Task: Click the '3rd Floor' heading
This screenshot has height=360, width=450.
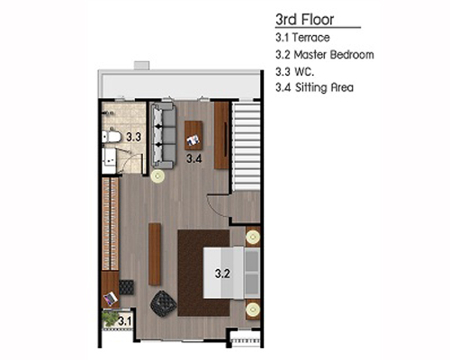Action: pyautogui.click(x=304, y=19)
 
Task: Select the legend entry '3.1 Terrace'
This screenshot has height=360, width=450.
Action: pyautogui.click(x=302, y=37)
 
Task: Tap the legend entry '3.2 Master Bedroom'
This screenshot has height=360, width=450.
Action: pyautogui.click(x=325, y=55)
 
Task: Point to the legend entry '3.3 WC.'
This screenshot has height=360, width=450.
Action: pyautogui.click(x=295, y=71)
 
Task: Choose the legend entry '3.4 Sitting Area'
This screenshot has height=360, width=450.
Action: pyautogui.click(x=314, y=88)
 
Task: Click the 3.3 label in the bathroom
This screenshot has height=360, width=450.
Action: pyautogui.click(x=133, y=137)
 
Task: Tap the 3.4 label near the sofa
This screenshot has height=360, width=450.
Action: pyautogui.click(x=194, y=158)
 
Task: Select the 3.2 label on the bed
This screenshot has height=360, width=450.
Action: pyautogui.click(x=223, y=274)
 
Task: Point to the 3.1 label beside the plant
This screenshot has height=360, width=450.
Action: pyautogui.click(x=125, y=321)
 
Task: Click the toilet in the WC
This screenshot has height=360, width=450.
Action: pyautogui.click(x=111, y=136)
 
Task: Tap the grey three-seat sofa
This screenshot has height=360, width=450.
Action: pyautogui.click(x=163, y=136)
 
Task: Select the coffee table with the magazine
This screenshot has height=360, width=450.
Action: pyautogui.click(x=193, y=135)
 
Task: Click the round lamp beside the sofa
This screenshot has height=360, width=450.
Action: pyautogui.click(x=157, y=176)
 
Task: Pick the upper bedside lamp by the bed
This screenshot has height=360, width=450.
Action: pyautogui.click(x=253, y=237)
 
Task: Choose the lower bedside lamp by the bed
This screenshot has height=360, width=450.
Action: pyautogui.click(x=253, y=310)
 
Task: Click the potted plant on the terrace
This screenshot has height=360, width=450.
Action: pyautogui.click(x=110, y=318)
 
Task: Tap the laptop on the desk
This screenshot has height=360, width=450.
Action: pyautogui.click(x=111, y=298)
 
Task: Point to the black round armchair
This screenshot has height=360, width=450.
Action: pyautogui.click(x=163, y=304)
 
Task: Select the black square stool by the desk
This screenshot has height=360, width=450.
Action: pyautogui.click(x=126, y=287)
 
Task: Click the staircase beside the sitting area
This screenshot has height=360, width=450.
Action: pyautogui.click(x=247, y=147)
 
